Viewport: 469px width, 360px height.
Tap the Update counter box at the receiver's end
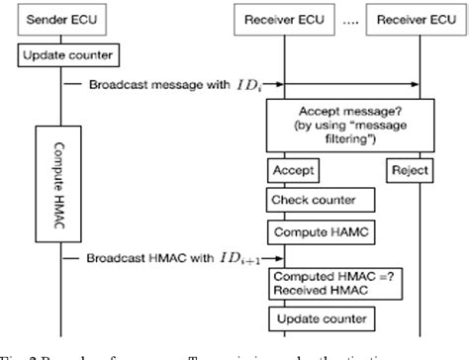(x=308, y=319)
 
